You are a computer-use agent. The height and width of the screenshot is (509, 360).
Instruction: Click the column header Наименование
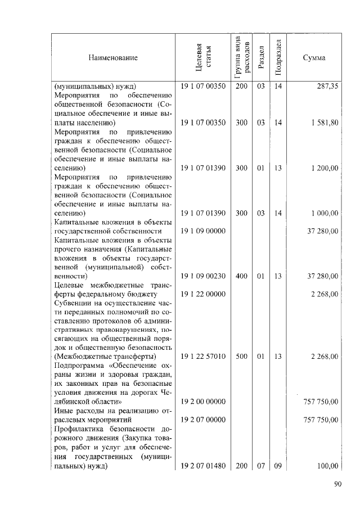pos(112,58)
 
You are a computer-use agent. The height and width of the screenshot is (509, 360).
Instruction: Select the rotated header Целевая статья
pos(203,58)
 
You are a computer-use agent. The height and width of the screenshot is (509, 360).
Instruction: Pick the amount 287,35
pos(326,87)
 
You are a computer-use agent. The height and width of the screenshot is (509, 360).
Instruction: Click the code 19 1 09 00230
pos(203,276)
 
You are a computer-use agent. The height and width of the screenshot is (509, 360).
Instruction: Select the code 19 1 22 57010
pos(203,357)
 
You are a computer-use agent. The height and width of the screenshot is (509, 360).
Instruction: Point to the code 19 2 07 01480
pos(203,466)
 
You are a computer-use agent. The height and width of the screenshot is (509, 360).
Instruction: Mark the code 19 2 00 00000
pos(203,402)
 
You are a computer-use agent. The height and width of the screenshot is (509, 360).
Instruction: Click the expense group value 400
pos(241,276)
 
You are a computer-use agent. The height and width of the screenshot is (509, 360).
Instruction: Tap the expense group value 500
pos(241,357)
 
